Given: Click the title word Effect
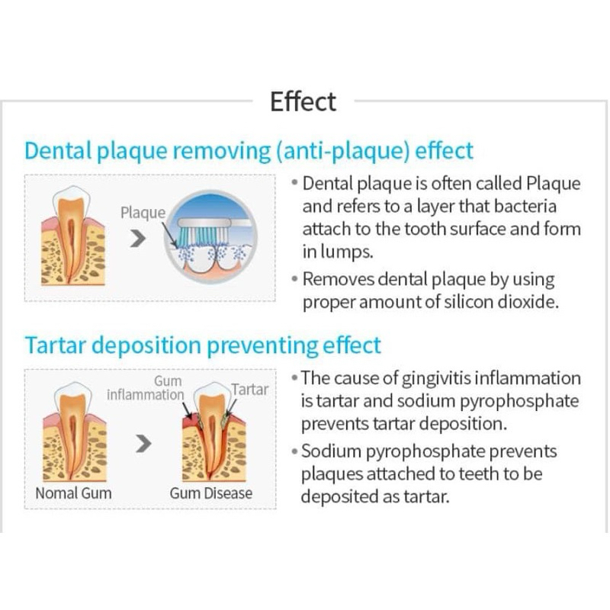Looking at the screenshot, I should (x=303, y=101).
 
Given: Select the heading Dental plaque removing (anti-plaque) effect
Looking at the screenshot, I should (x=249, y=149).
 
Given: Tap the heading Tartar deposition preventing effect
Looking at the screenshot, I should (x=202, y=345).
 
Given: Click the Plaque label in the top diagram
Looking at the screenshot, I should (x=143, y=213).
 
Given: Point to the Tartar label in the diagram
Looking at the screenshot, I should (x=250, y=390).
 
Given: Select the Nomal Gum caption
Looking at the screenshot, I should (x=73, y=493).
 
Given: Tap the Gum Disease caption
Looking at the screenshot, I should (x=210, y=493).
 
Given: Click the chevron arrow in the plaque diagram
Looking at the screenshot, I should (x=137, y=240).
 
